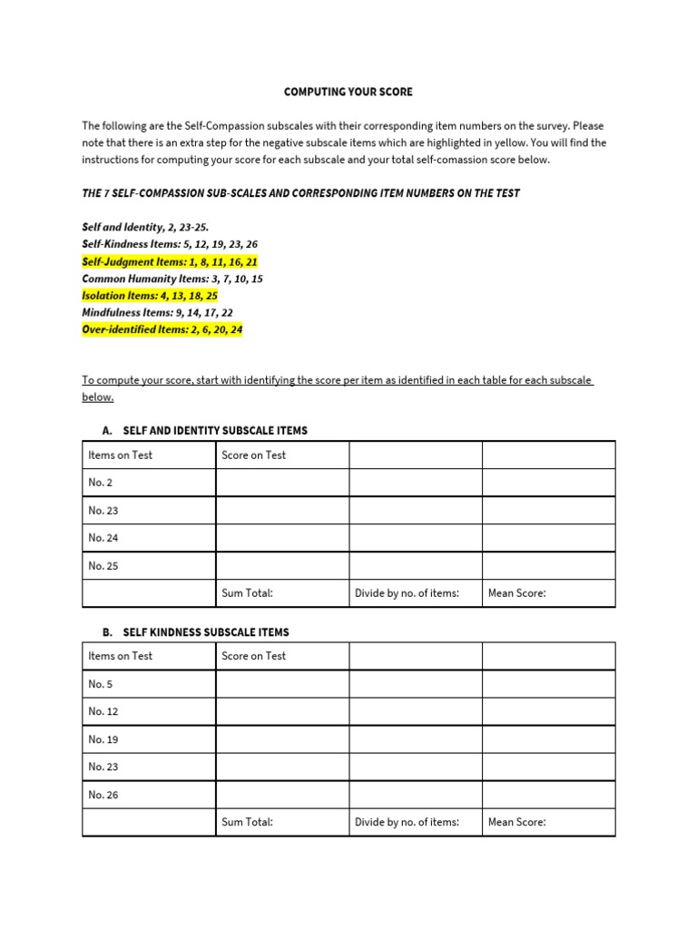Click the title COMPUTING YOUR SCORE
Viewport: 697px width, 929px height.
348,92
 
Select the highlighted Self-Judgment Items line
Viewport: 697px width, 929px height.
170,261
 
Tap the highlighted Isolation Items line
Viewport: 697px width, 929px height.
150,296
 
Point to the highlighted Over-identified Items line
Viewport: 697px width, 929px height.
162,330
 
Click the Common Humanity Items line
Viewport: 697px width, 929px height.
172,279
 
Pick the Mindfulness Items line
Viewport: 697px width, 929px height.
157,313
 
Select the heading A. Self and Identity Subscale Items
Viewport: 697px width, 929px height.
205,430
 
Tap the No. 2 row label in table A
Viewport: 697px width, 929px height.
101,483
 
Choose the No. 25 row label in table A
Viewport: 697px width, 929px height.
103,566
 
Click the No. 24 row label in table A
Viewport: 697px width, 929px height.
103,538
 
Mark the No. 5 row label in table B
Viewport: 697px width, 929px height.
101,684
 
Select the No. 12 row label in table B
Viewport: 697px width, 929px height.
103,711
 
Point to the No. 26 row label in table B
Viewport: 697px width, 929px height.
103,795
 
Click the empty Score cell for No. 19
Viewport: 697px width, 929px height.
282,739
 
